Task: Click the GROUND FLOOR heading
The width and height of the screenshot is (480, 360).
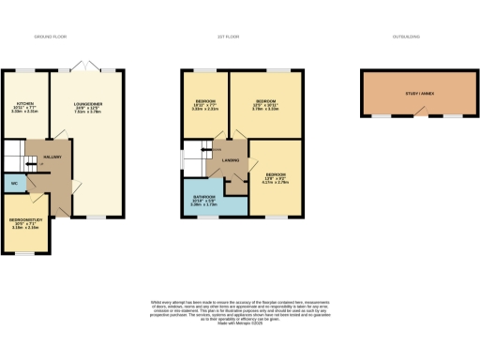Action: coord(51,37)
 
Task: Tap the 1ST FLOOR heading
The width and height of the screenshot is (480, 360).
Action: coord(224,37)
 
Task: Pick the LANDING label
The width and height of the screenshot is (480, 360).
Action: coord(230,160)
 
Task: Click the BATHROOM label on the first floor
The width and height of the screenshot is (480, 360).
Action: coord(204,198)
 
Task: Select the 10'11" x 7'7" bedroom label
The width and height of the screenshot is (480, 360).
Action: coord(205,104)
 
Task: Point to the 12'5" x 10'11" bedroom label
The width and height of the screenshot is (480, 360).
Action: coord(266,104)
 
